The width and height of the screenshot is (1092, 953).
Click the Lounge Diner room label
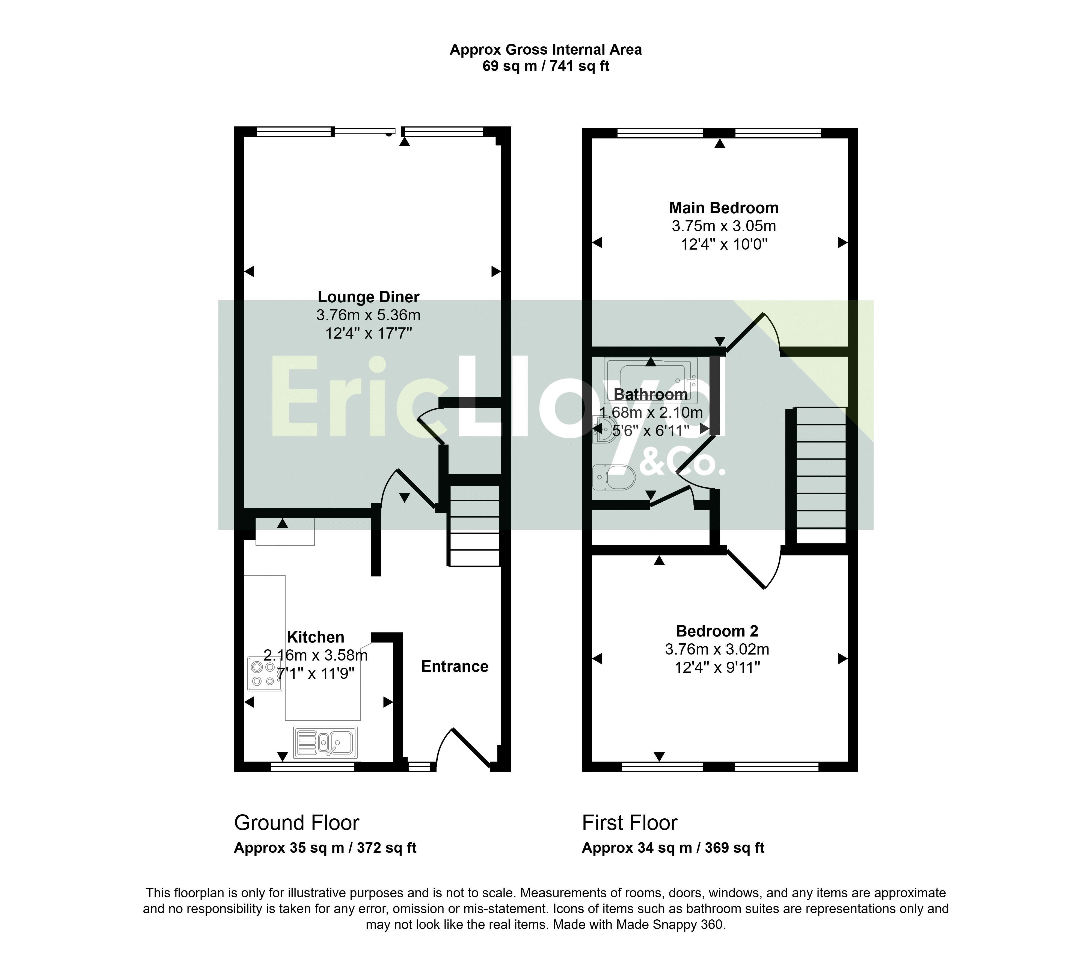pos(369,297)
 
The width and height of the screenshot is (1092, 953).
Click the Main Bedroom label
pos(723,208)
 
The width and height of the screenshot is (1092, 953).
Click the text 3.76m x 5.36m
pos(369,315)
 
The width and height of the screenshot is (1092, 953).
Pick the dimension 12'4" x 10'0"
pos(724,245)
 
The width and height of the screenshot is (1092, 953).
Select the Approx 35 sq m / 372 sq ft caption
pos(325,848)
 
